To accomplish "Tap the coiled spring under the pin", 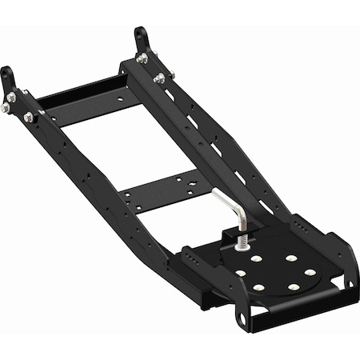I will pos(238,238).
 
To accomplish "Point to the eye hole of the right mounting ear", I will pos(140,33).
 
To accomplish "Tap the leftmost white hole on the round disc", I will pos(239,274).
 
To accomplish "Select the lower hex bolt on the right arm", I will pos(160,78).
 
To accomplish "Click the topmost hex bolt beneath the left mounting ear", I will pos(12,98).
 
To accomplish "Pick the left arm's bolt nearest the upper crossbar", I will pos(30,118).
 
